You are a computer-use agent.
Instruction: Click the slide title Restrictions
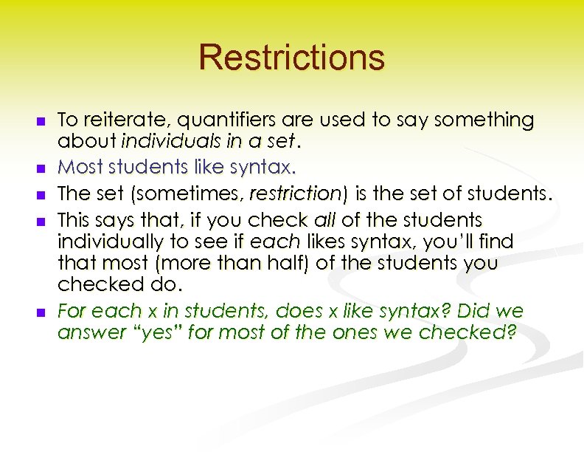291,57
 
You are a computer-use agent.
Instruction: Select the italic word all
324,219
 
